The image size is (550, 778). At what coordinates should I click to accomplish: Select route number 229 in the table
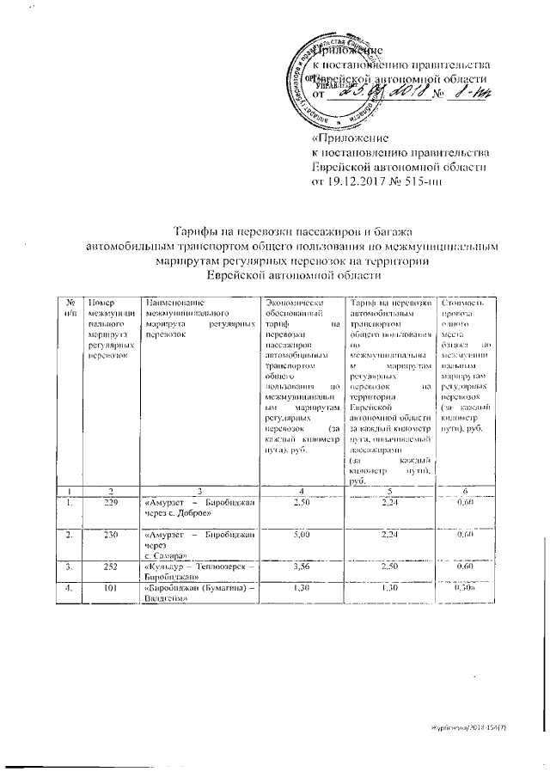[109, 502]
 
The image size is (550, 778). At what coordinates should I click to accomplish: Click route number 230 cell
[109, 534]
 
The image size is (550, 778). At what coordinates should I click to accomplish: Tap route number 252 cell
[109, 567]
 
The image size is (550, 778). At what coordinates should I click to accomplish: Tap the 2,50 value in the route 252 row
[390, 567]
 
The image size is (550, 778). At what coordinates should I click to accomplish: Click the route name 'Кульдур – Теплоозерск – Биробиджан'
[199, 573]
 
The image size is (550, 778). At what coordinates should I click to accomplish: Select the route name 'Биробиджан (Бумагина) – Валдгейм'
[199, 592]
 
